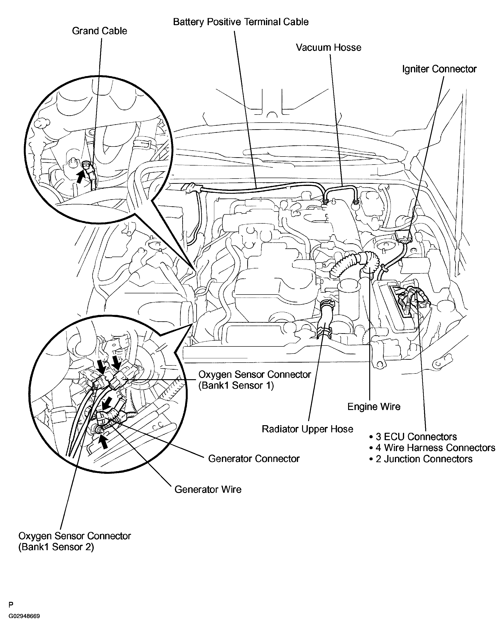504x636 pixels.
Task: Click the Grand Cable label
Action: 99,31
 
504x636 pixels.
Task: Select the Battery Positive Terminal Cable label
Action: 241,22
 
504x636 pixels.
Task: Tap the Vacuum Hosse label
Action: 328,47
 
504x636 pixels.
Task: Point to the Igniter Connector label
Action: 439,69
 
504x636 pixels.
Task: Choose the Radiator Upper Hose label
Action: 307,429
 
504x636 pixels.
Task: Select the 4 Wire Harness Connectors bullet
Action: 432,448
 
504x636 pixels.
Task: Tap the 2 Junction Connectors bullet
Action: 421,459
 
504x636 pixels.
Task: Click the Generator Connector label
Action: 254,458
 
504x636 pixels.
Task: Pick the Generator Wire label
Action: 208,489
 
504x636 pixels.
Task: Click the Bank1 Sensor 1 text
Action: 236,386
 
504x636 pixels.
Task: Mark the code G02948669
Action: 24,616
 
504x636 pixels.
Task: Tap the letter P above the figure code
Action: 11,605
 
